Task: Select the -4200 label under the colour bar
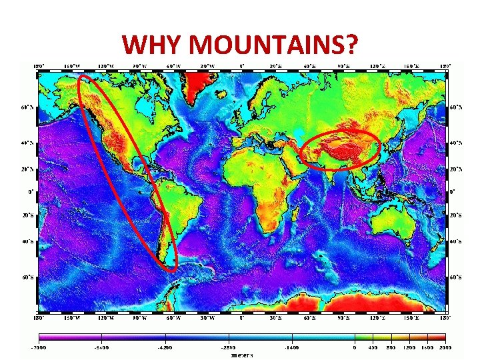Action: [x=166, y=348]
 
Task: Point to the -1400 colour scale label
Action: [x=291, y=348]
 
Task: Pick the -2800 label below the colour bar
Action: [x=229, y=348]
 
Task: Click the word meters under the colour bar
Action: [x=241, y=355]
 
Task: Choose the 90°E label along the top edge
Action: [x=343, y=65]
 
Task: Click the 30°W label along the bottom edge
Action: [x=207, y=318]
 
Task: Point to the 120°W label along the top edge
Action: [x=105, y=65]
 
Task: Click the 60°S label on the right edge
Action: [x=456, y=275]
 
